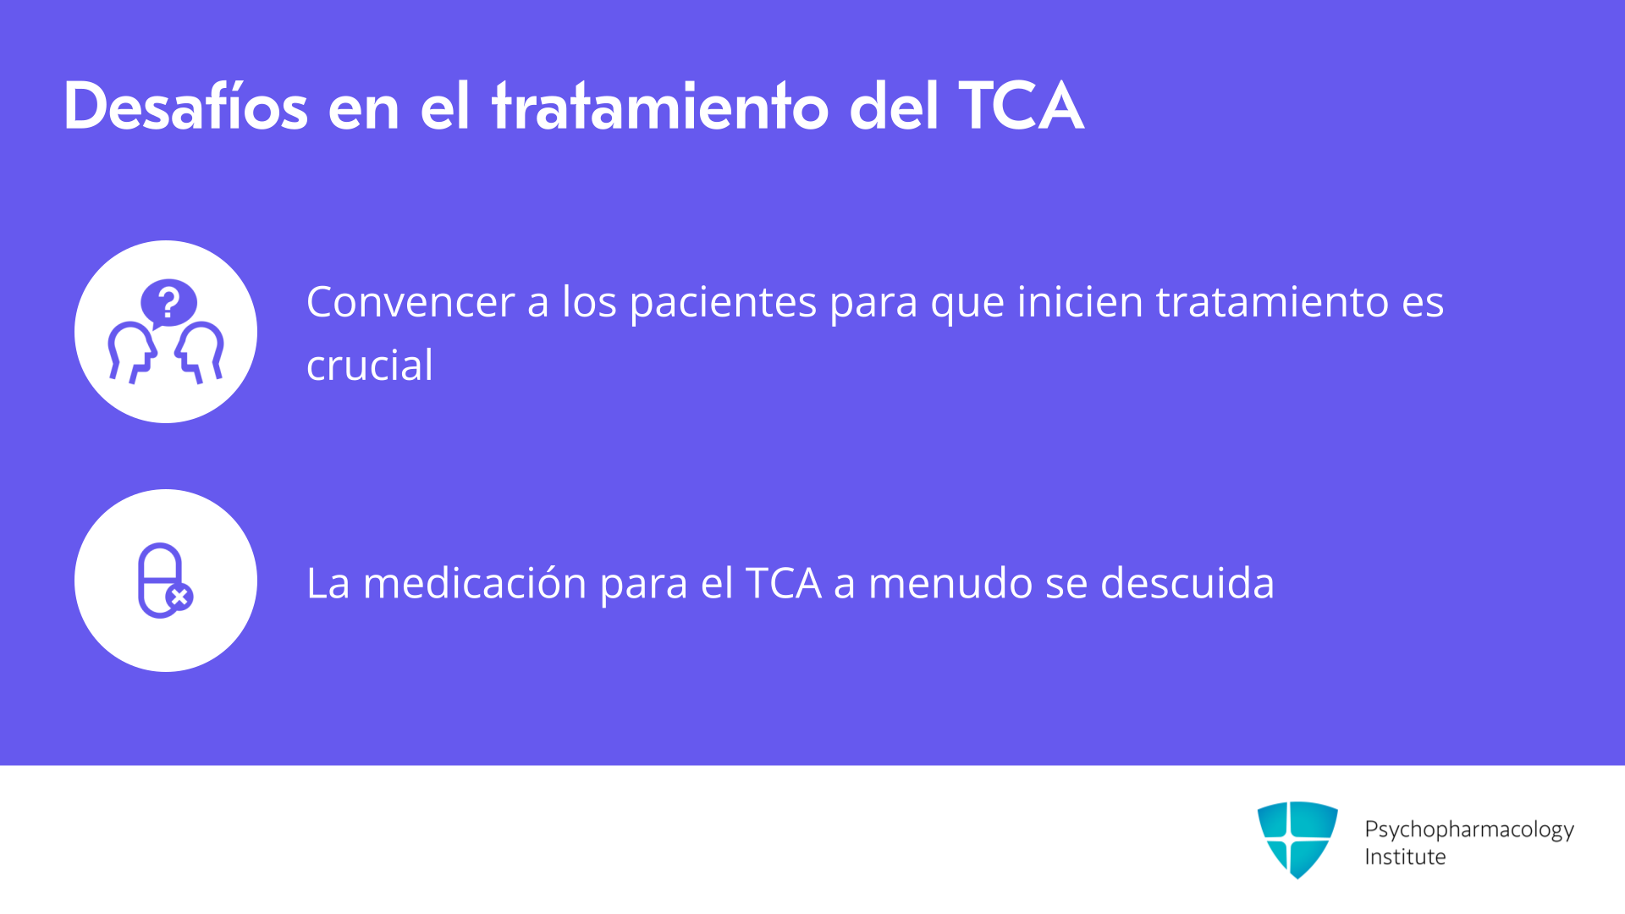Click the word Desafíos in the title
click(185, 107)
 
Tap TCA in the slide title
click(1021, 107)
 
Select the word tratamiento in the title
click(660, 107)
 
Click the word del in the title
click(894, 107)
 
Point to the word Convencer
click(410, 302)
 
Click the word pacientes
click(723, 304)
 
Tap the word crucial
click(370, 366)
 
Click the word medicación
click(475, 583)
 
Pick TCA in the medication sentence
click(784, 583)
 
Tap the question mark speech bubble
click(169, 303)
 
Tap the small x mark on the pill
click(179, 597)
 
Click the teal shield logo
click(1297, 840)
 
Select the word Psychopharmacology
click(1469, 829)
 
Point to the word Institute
click(1405, 857)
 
